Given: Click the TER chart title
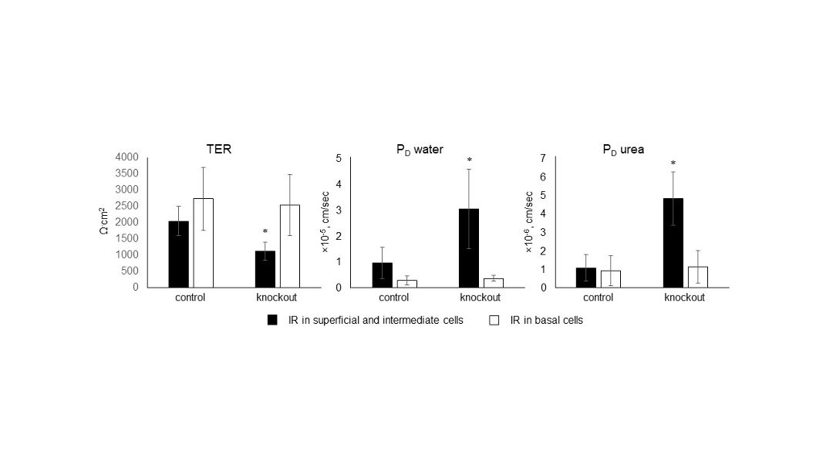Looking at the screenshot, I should tap(218, 149).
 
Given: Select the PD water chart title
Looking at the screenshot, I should tap(414, 149).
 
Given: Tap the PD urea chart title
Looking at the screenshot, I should tap(623, 149).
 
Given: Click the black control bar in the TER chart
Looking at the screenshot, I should tap(178, 254).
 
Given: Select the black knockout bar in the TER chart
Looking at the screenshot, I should tap(265, 268).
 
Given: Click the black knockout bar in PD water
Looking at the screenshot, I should tap(468, 247).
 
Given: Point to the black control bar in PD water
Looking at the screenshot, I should tap(382, 274).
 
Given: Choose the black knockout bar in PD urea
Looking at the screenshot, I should tap(673, 243).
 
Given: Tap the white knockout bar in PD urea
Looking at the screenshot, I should tap(697, 277).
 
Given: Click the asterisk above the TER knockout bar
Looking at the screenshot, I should tap(265, 232).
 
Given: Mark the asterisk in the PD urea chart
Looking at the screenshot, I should tap(673, 163).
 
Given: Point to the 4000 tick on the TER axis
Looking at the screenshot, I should tap(126, 157).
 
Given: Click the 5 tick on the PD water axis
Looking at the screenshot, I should tap(339, 159).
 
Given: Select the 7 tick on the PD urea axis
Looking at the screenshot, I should tap(543, 158).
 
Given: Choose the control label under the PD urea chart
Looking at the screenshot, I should tap(598, 298).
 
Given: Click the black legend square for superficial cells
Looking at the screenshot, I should tap(271, 320).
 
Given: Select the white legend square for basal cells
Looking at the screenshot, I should tap(495, 320).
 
